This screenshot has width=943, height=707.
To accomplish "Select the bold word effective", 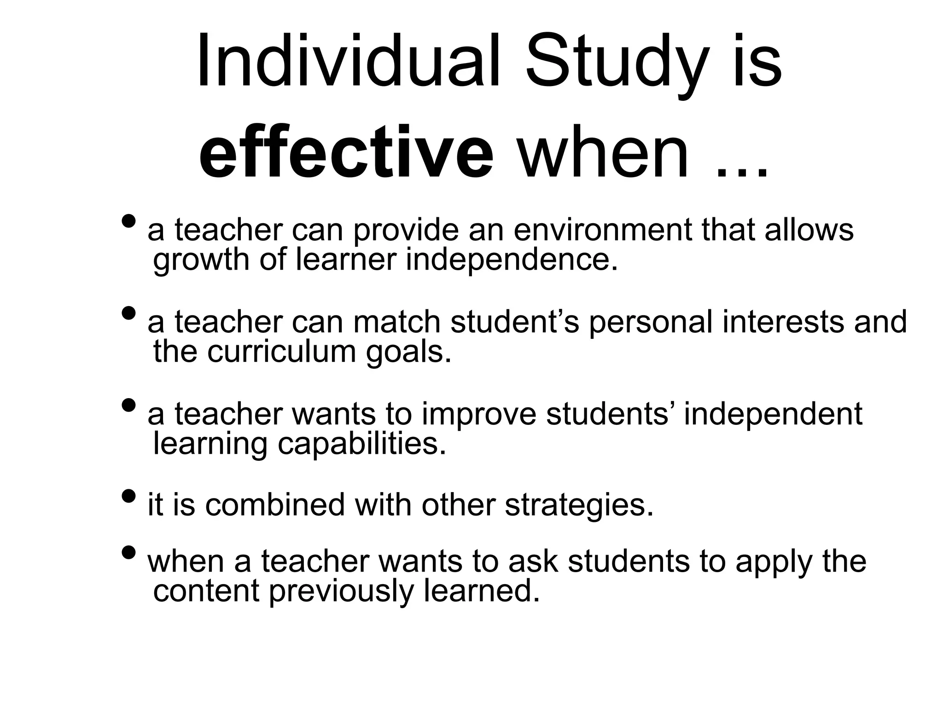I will tap(346, 152).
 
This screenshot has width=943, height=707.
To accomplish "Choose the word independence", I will tap(511, 260).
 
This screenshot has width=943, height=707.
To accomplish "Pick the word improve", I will tap(479, 414).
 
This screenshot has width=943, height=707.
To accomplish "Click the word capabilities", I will tap(362, 445).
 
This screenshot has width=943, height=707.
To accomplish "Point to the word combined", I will tap(275, 505).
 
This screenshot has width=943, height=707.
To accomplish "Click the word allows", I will tap(809, 230).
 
